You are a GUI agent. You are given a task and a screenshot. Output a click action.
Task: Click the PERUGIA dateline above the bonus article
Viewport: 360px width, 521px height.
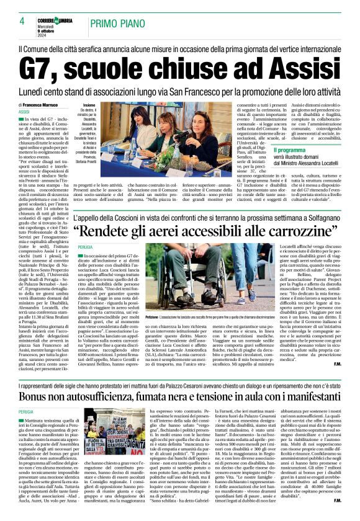[26, 411]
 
